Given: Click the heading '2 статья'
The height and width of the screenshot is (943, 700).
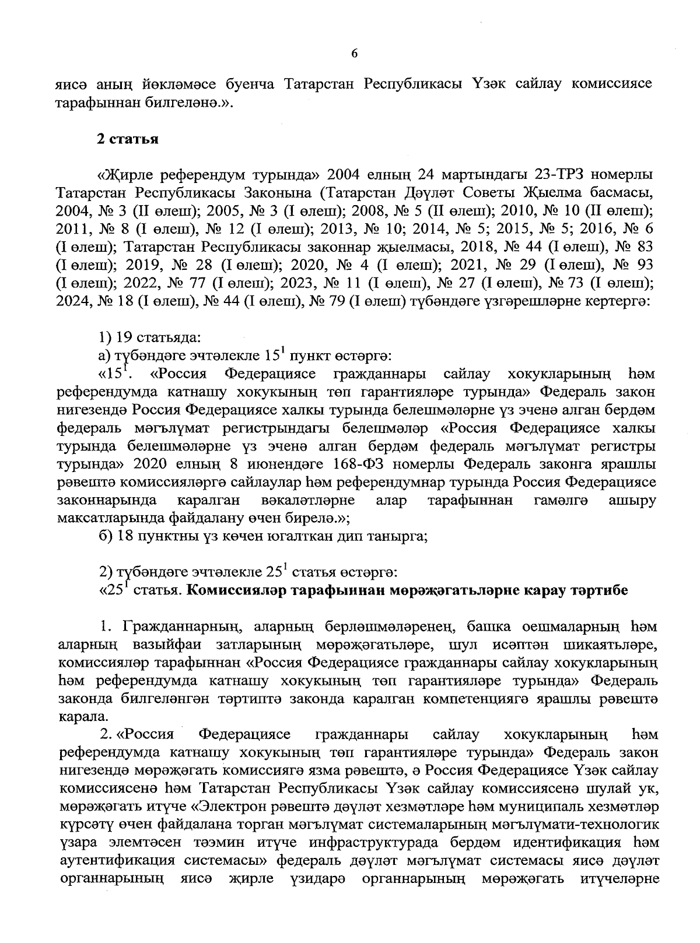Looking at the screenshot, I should click(128, 139).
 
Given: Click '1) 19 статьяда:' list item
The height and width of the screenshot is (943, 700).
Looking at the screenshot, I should click(149, 337).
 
